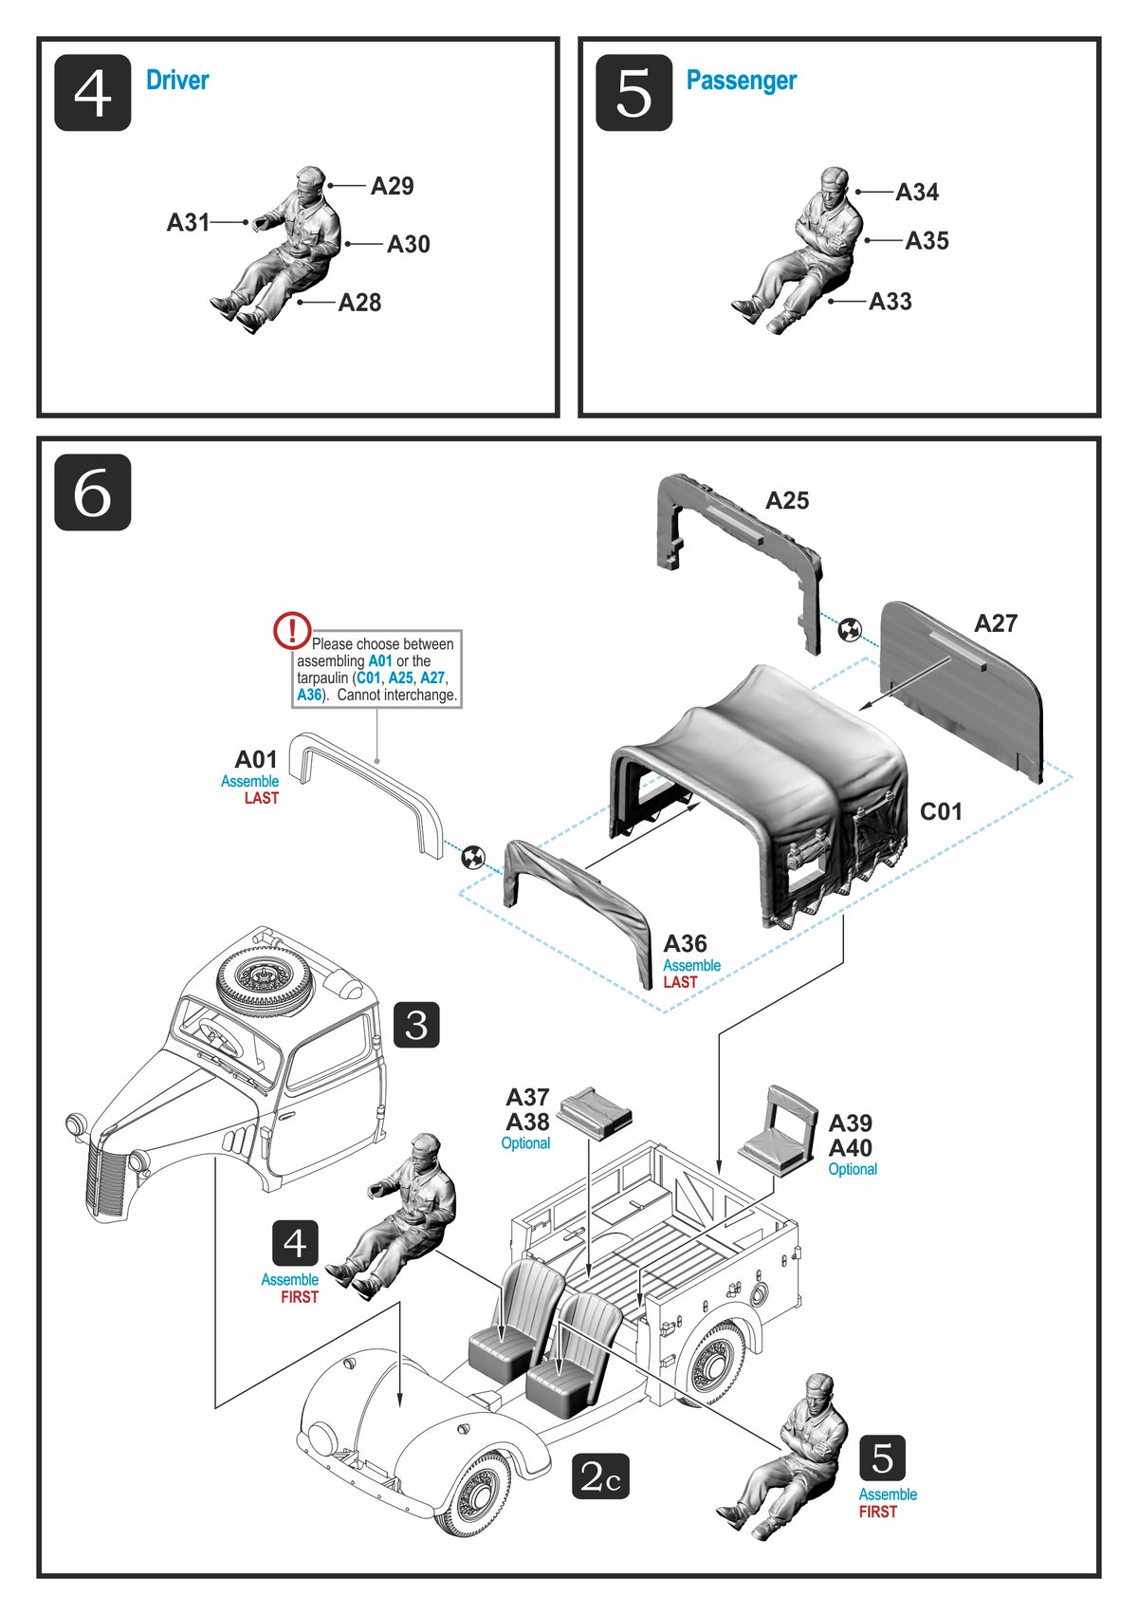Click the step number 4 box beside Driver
[92, 93]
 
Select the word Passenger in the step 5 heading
[741, 81]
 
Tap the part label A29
[392, 186]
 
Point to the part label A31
[188, 222]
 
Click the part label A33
[890, 302]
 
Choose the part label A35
[927, 241]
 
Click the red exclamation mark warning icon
[292, 631]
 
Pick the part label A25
[787, 501]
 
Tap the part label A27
[996, 623]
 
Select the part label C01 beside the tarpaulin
[941, 811]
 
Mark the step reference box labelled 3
[416, 1025]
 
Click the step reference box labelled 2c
[600, 1476]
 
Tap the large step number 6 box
[92, 492]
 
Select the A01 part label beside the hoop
[256, 760]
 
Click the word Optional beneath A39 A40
[853, 1169]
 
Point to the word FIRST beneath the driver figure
[300, 1297]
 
